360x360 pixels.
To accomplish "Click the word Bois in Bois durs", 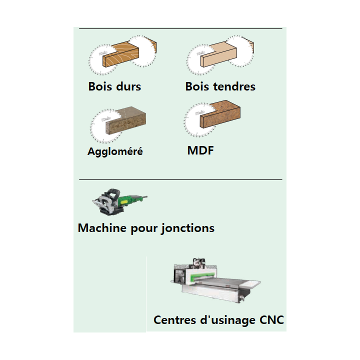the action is point(100,86).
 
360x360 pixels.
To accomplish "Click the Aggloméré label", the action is point(115,151).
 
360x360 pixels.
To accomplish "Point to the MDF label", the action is point(200,150).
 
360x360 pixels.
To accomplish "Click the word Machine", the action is point(102,228).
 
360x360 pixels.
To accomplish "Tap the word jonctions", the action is point(187,228).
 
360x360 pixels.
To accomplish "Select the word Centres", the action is point(174,320).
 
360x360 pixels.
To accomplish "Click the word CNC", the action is point(271,320).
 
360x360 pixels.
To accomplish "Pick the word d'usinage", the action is point(227,320).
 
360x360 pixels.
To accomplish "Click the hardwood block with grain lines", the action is point(121,54).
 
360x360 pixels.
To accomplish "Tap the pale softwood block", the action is point(218,54).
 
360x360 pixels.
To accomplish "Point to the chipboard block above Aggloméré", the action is point(126,120).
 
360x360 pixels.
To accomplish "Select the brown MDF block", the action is point(220,114).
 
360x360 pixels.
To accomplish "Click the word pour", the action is point(143,229).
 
